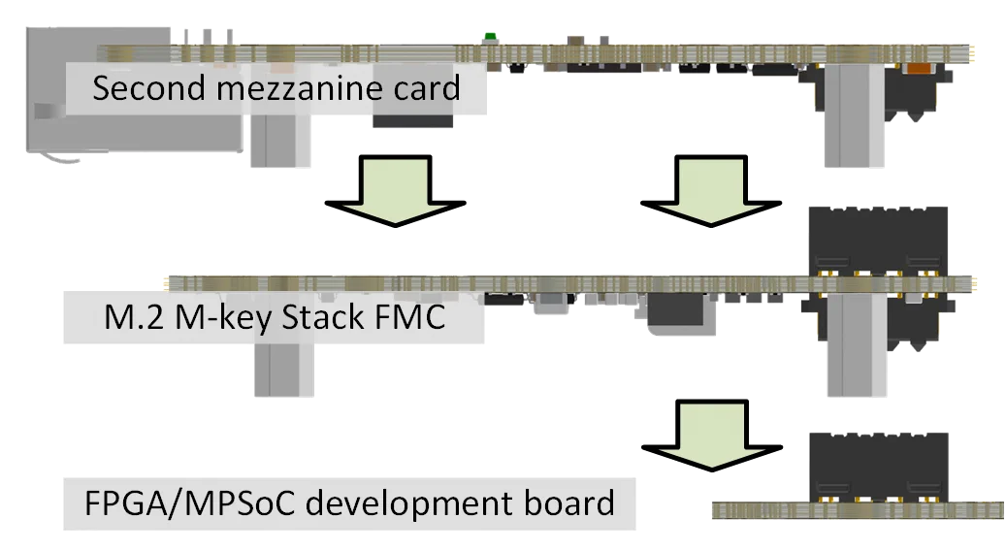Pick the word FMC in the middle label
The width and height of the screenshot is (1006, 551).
click(418, 316)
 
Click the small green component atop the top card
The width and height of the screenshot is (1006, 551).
click(491, 37)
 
